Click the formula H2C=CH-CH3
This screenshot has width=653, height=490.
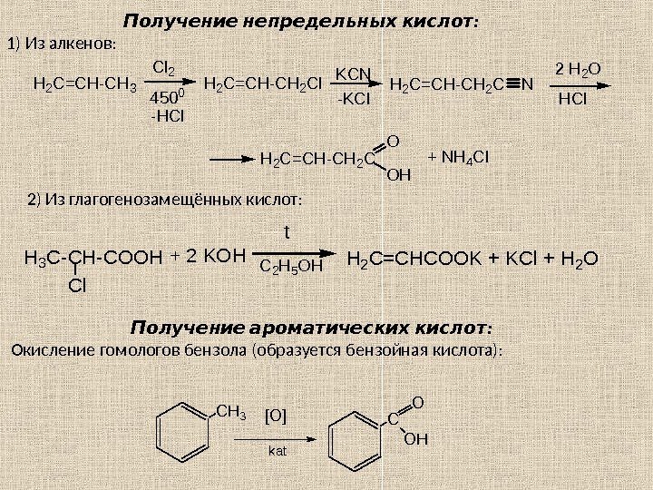tap(84, 86)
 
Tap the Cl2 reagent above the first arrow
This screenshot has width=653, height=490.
tap(164, 67)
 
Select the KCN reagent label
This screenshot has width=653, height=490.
tap(356, 73)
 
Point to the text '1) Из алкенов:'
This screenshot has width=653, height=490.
tap(63, 44)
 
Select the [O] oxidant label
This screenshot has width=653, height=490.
tap(275, 416)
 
